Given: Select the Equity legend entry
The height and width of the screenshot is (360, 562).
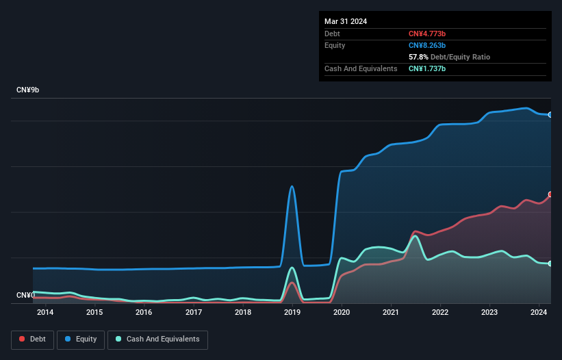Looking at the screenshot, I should pyautogui.click(x=81, y=339).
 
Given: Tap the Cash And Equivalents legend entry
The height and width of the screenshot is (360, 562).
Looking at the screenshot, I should pyautogui.click(x=157, y=339).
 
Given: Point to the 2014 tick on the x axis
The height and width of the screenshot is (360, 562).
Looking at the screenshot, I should pyautogui.click(x=45, y=313).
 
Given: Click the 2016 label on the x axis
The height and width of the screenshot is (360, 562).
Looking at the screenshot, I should pyautogui.click(x=144, y=313).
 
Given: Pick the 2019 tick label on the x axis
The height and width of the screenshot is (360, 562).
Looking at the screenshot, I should pyautogui.click(x=292, y=313).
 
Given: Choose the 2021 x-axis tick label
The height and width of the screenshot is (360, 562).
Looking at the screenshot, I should pyautogui.click(x=391, y=313).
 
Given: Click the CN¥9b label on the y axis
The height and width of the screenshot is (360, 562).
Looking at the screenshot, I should pyautogui.click(x=28, y=90).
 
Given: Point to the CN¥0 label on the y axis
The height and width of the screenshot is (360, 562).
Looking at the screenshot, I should pyautogui.click(x=25, y=295).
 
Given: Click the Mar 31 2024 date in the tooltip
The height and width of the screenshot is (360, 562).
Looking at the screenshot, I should pyautogui.click(x=346, y=21).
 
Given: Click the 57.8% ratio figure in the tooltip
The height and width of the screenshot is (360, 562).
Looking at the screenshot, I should pyautogui.click(x=418, y=57).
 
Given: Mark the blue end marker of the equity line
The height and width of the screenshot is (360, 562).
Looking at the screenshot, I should pyautogui.click(x=550, y=115).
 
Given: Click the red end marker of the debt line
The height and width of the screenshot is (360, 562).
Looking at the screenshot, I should pyautogui.click(x=550, y=194).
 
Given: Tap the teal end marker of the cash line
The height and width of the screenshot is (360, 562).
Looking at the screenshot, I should pyautogui.click(x=550, y=263).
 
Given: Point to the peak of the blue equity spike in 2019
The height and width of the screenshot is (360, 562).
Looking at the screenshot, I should pyautogui.click(x=292, y=186).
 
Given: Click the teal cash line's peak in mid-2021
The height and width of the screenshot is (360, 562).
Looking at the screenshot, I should pyautogui.click(x=415, y=237).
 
